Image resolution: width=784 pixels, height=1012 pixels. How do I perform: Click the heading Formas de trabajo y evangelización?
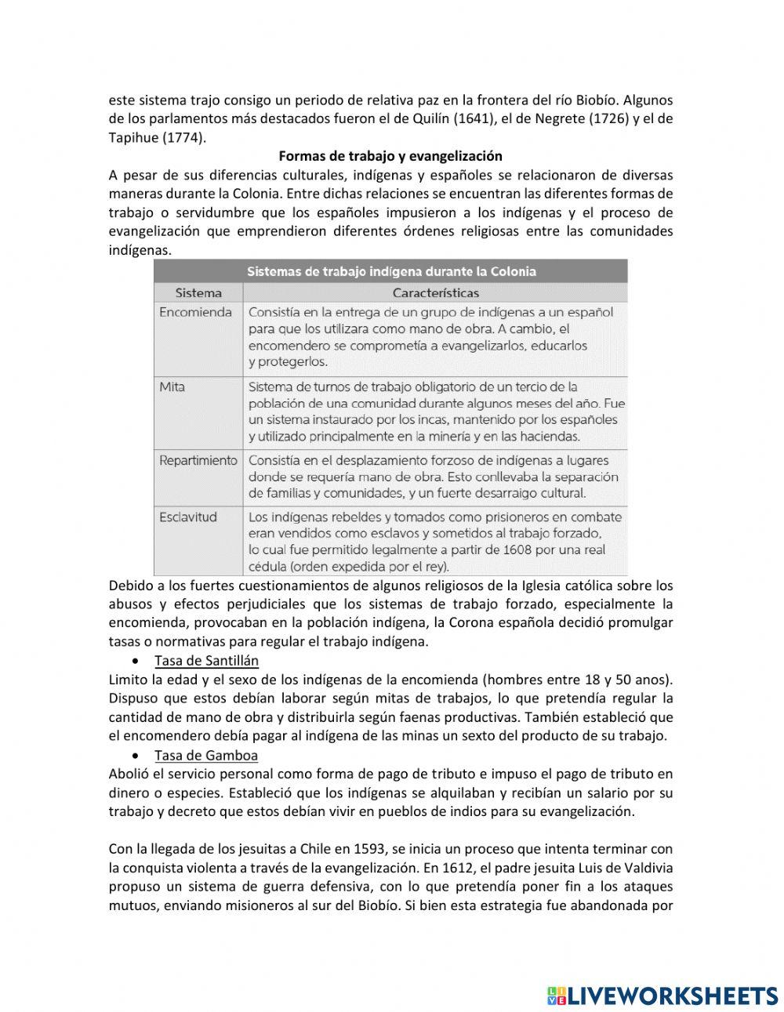click(390, 156)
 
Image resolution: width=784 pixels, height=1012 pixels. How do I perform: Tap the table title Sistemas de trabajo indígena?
click(391, 272)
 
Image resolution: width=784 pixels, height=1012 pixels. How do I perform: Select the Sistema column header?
click(198, 293)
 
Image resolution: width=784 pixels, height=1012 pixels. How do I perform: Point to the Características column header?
click(435, 293)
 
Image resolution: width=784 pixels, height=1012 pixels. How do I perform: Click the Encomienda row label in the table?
click(195, 312)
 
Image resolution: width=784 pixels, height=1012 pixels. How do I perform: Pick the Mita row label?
click(172, 386)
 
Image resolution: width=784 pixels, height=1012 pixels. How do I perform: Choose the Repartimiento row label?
click(198, 460)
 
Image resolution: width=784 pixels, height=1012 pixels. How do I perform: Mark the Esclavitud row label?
click(188, 517)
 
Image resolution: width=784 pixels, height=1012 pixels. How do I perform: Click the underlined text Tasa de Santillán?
click(206, 661)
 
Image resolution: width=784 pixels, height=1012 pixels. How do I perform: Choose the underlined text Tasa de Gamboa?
click(205, 756)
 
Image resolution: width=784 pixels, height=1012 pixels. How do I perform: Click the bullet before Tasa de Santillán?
click(137, 662)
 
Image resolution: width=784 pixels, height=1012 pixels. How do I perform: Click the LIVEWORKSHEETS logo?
click(662, 996)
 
